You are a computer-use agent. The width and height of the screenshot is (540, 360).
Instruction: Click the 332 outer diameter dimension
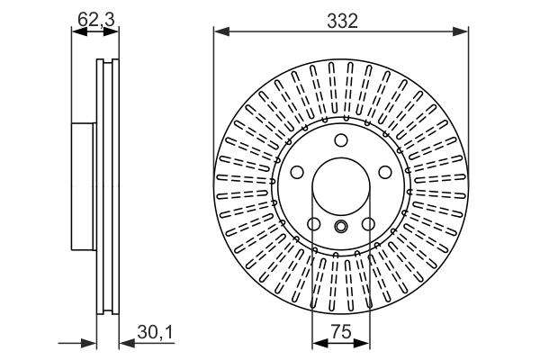click(341, 20)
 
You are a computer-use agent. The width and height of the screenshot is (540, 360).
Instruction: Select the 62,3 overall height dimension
click(95, 15)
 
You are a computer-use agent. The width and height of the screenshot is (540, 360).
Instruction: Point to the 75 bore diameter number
click(340, 332)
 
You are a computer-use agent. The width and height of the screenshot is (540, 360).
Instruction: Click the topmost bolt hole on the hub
click(341, 139)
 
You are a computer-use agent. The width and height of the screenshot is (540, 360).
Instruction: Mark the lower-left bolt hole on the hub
click(313, 224)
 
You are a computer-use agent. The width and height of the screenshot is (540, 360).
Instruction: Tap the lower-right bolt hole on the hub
click(369, 224)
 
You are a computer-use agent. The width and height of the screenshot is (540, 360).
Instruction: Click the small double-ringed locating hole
click(341, 228)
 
